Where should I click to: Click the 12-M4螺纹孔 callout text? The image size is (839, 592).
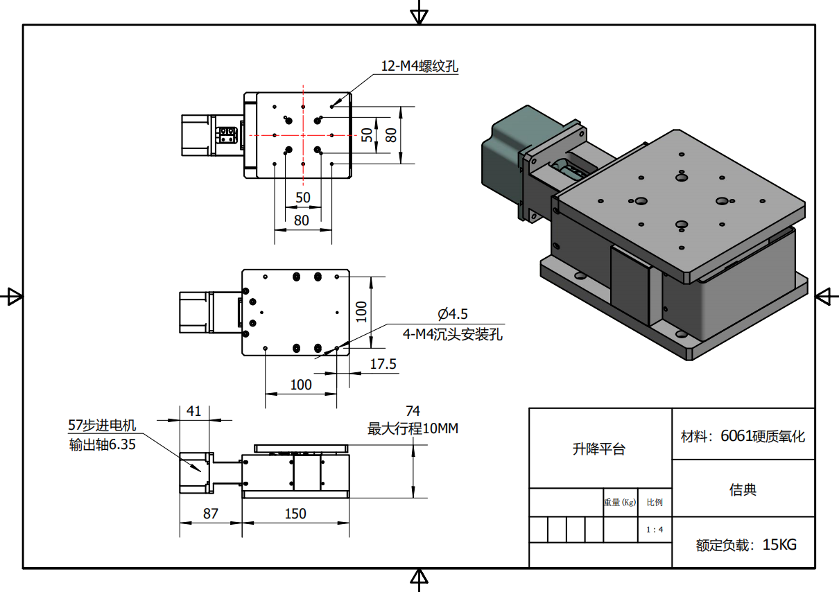coord(420,67)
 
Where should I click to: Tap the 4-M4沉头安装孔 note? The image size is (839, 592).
coord(453,335)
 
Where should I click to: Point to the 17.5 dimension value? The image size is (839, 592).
coord(383,364)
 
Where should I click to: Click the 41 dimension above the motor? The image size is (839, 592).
coord(193,411)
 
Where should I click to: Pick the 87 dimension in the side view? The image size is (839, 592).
coord(210,514)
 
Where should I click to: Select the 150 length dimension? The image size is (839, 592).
coord(295,514)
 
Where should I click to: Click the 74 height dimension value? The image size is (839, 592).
coord(413,412)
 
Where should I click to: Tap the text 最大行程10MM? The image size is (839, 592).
coord(413,429)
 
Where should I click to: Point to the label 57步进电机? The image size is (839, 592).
coord(102,426)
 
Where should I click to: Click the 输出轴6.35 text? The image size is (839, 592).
coord(102,445)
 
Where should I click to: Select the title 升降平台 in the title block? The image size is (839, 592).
coord(599,449)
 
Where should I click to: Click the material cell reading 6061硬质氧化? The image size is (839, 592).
coord(743,436)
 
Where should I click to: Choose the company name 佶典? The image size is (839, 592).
coord(743,490)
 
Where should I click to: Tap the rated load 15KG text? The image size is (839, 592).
coord(746,545)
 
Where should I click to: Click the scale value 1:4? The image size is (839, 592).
coord(655,530)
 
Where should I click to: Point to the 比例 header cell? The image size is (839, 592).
coord(655,503)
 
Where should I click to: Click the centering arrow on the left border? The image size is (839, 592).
coord(12,297)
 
